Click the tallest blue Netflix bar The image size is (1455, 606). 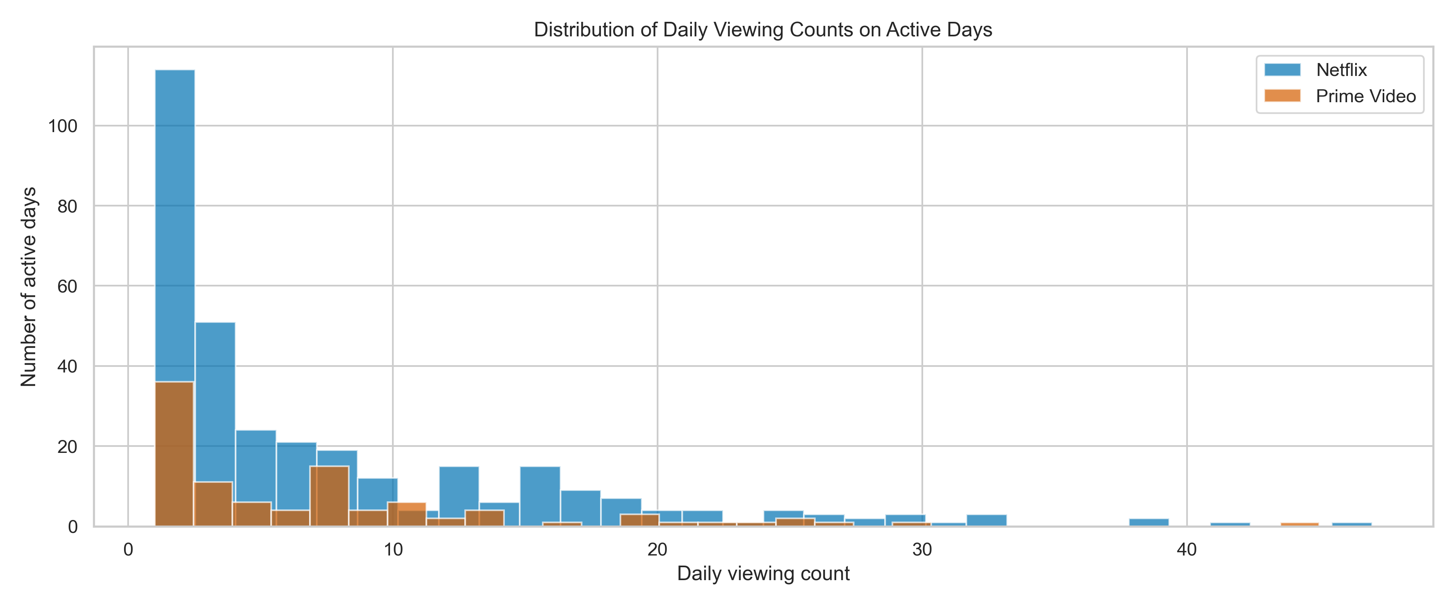(175, 226)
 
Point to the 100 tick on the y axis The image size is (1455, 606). (63, 126)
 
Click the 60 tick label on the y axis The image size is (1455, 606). (67, 286)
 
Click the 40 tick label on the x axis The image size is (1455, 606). (1186, 549)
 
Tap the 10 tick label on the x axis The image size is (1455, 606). (392, 549)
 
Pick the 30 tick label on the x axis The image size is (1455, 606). (922, 549)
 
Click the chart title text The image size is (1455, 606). (763, 29)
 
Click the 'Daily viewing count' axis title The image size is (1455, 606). (763, 574)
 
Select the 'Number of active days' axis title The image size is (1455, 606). (28, 286)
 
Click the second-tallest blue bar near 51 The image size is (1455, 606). (215, 396)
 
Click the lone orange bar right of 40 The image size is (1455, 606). (1299, 524)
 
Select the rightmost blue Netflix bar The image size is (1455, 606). (1352, 524)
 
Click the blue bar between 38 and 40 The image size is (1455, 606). (1148, 522)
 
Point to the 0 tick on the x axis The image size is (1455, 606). (128, 549)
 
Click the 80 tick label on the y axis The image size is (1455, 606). (67, 206)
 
